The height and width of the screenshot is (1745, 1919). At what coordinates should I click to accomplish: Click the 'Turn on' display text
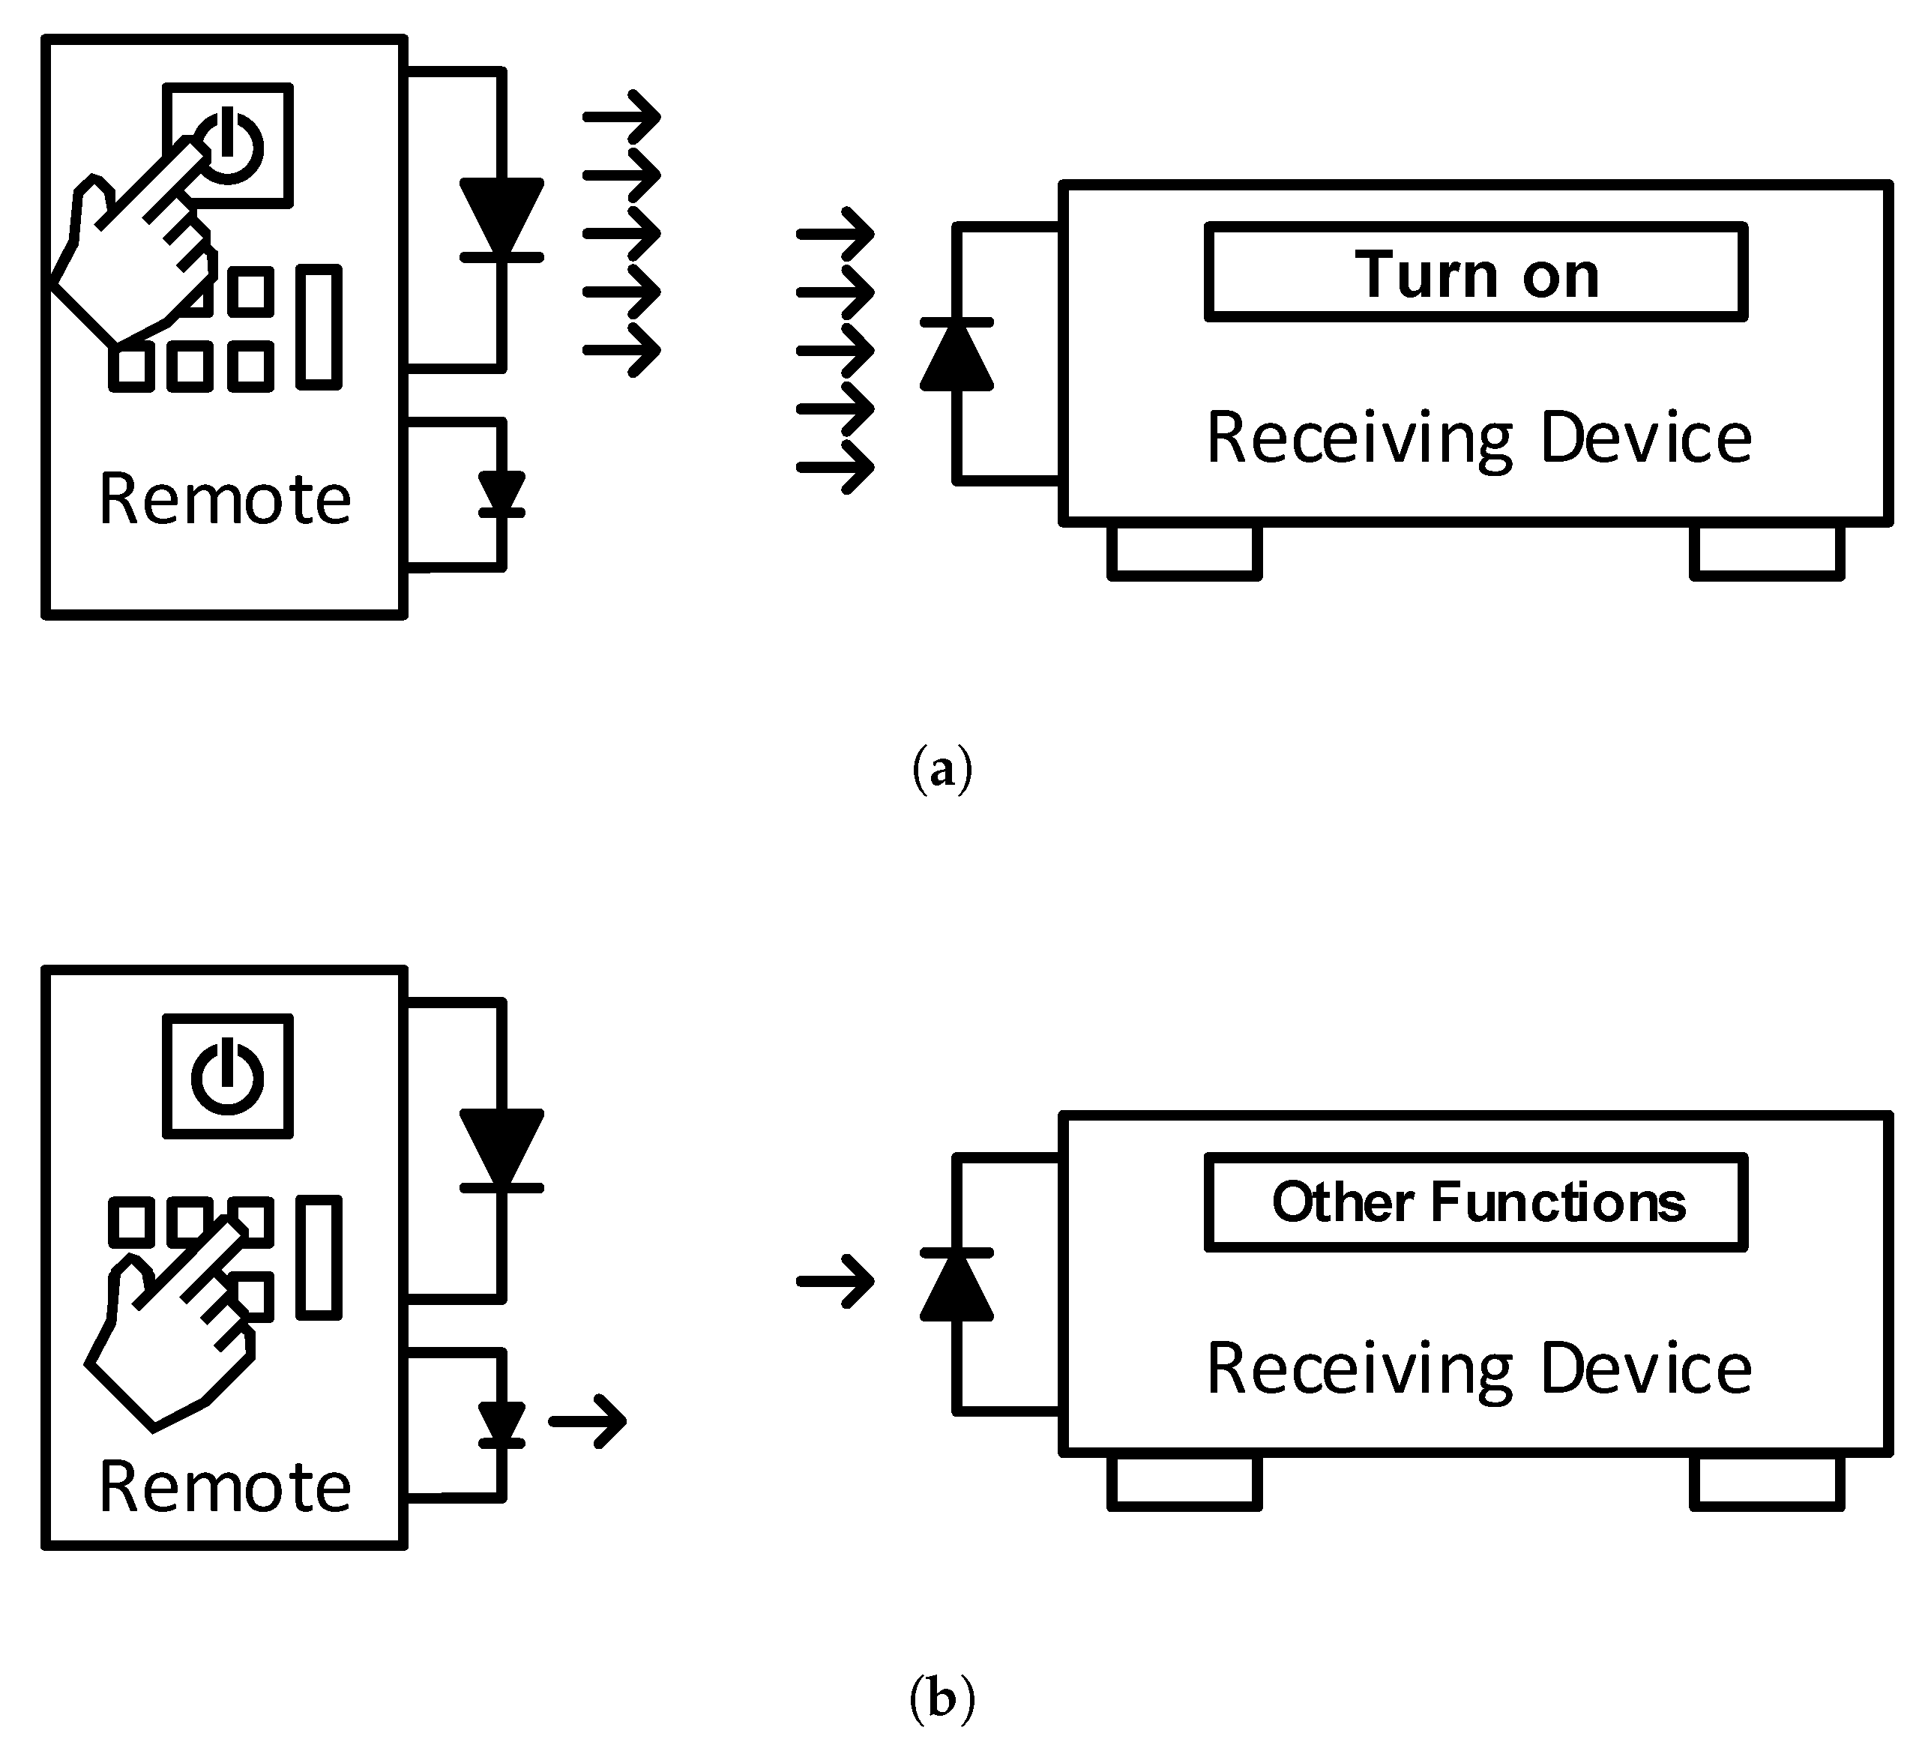1477,274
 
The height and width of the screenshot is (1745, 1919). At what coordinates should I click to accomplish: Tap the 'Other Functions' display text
1478,1202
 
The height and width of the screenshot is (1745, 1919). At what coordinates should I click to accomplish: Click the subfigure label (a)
942,769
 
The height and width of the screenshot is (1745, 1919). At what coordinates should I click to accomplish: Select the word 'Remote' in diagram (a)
225,499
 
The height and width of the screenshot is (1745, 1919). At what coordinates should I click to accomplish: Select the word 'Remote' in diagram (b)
225,1487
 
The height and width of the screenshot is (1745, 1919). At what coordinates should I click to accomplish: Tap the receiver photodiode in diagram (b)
957,1286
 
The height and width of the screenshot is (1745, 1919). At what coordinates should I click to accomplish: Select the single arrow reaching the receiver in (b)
835,1281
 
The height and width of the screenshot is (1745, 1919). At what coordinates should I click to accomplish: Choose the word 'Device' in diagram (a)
1646,438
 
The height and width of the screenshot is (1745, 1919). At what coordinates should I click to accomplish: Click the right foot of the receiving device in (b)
1767,1482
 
